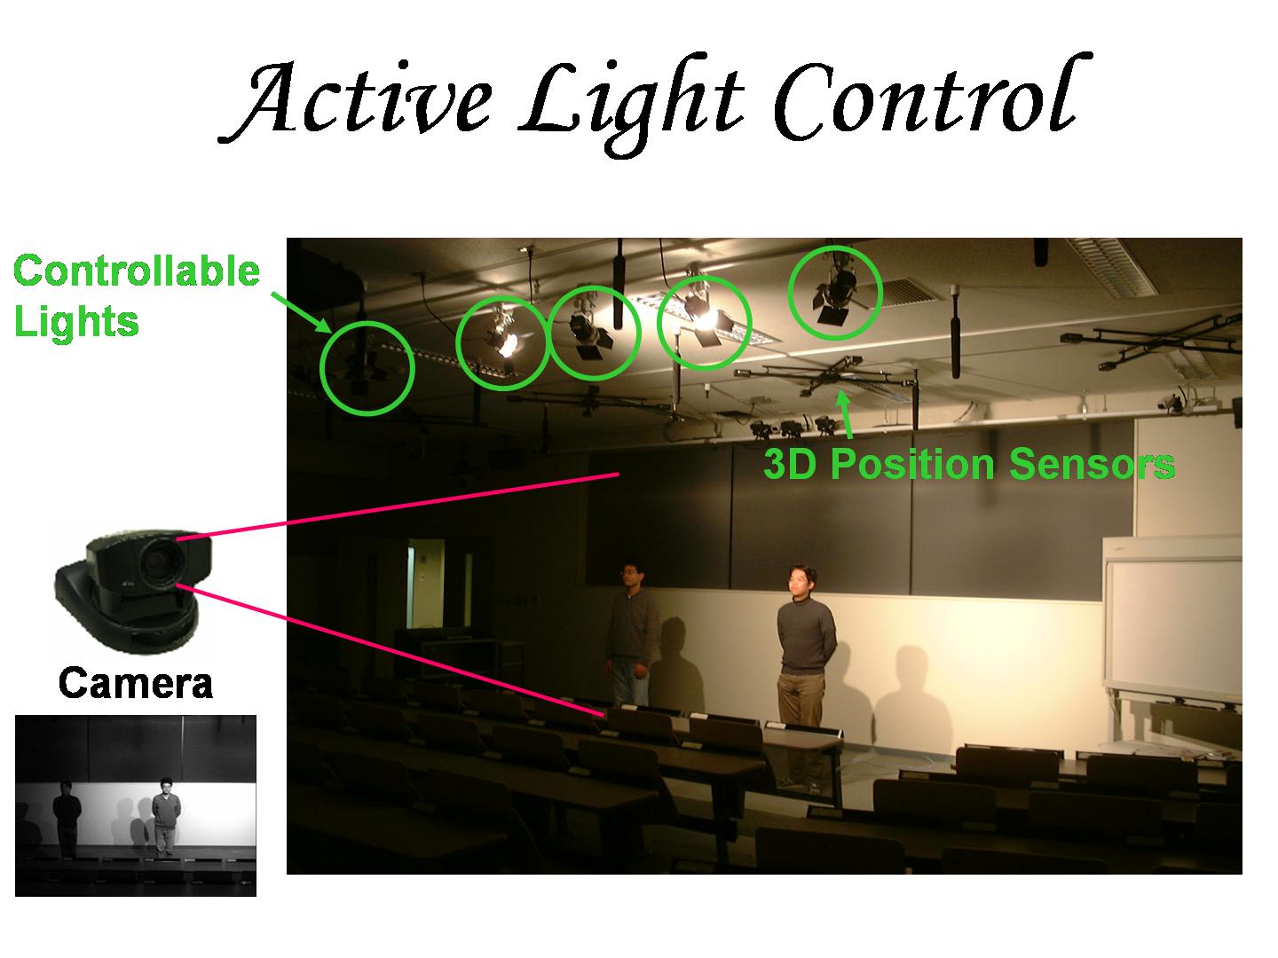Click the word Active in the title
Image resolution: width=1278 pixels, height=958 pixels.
[x=356, y=98]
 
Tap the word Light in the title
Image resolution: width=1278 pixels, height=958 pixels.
[x=632, y=102]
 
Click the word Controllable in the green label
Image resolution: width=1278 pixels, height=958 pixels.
[x=137, y=271]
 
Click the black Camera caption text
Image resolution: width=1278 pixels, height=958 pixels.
[x=136, y=684]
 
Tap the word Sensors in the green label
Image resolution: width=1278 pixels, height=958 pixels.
[x=1092, y=464]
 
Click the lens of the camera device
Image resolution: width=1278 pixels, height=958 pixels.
[x=157, y=560]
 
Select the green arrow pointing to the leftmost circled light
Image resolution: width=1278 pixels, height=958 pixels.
[x=302, y=312]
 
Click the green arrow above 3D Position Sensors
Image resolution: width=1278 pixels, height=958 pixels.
[x=846, y=415]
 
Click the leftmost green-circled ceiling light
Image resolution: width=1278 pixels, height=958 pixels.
[x=366, y=367]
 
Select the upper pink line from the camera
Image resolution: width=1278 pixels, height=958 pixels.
[x=398, y=506]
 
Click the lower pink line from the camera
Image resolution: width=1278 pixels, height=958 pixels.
[x=391, y=649]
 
